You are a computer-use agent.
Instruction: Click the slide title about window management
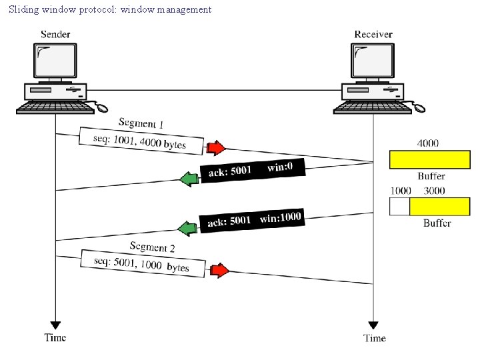[x=110, y=9]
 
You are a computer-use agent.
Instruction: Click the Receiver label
[x=373, y=34]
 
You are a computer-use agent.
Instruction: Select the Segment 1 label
[x=141, y=123]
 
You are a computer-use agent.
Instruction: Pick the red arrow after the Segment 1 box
[x=216, y=147]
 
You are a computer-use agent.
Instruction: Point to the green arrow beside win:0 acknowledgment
[x=190, y=178]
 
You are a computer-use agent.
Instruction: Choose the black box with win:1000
[x=253, y=219]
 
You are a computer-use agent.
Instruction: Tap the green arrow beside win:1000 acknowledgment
[x=190, y=228]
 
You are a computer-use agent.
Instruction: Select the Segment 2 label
[x=153, y=247]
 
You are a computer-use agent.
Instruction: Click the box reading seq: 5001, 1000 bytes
[x=142, y=263]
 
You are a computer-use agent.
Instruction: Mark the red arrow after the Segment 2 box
[x=219, y=270]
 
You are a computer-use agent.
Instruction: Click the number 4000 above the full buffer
[x=429, y=143]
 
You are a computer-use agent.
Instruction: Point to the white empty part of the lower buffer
[x=399, y=207]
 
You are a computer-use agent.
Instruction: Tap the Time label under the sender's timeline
[x=55, y=337]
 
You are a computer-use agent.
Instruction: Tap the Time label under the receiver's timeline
[x=375, y=338]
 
